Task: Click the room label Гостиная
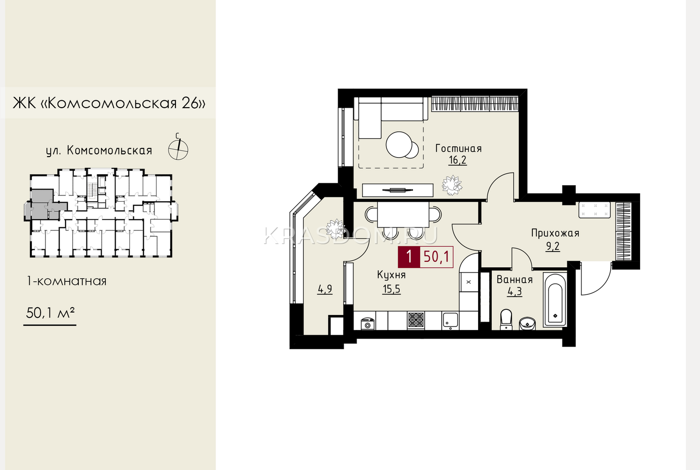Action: [x=458, y=148]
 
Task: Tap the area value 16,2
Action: [x=458, y=160]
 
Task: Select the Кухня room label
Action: [x=391, y=275]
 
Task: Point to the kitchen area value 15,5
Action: [x=392, y=289]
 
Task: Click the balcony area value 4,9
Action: [x=325, y=289]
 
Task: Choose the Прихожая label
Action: [x=555, y=233]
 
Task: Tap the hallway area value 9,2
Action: [x=553, y=246]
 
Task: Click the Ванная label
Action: [x=514, y=279]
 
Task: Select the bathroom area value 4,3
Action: [x=514, y=292]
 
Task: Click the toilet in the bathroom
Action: [x=506, y=319]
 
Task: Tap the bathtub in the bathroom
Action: [x=555, y=300]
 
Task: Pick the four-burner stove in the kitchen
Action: [x=416, y=320]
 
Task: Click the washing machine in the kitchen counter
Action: [x=367, y=323]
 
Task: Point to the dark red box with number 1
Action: [x=409, y=257]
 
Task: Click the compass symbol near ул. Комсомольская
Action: [x=178, y=149]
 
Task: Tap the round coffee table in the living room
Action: [x=399, y=145]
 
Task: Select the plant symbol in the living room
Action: [x=452, y=186]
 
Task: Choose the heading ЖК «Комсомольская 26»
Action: [x=109, y=103]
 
